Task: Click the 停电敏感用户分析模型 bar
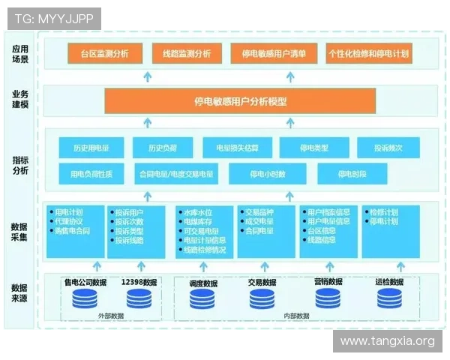240,100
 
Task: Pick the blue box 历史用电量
91,148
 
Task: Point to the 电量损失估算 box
236,148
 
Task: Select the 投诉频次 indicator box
388,148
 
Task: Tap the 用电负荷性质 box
91,175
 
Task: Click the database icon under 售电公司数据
85,298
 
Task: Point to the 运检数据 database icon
390,298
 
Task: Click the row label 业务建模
20,100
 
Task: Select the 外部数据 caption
109,316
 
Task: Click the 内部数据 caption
296,316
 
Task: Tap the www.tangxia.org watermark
387,341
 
